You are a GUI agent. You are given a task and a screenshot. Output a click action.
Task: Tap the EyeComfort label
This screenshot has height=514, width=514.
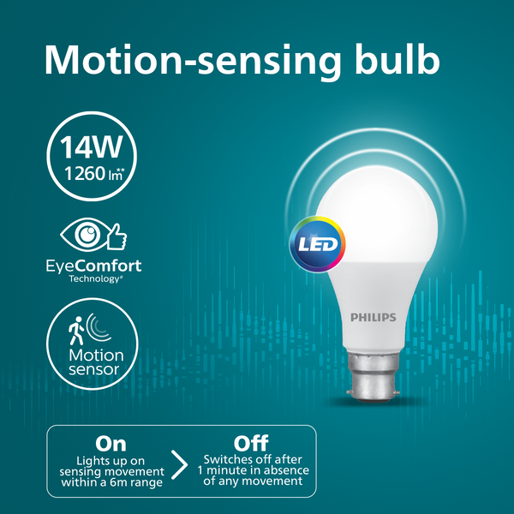94,266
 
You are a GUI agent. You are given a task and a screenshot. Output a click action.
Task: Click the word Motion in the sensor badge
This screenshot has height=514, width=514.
95,355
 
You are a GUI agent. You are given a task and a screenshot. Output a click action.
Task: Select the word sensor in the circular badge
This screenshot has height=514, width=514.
95,371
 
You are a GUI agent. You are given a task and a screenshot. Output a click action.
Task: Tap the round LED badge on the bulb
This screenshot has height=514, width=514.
317,242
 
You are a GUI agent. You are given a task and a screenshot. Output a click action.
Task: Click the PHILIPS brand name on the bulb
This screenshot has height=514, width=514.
374,317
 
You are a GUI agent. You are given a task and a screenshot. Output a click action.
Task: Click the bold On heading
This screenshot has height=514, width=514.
111,443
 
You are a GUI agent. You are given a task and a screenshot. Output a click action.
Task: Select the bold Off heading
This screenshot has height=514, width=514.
252,443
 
